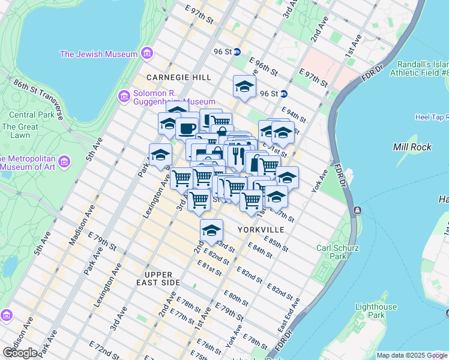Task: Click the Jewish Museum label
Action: click(x=98, y=54)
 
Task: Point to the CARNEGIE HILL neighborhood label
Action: click(x=179, y=77)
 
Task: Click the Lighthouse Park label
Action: click(x=375, y=311)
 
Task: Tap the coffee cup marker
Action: click(x=187, y=128)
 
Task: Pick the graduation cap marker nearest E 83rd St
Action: click(x=211, y=230)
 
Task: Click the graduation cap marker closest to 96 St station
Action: click(x=244, y=86)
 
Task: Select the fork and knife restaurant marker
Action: click(x=238, y=155)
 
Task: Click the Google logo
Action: click(x=20, y=353)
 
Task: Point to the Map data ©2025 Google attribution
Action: click(x=411, y=355)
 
